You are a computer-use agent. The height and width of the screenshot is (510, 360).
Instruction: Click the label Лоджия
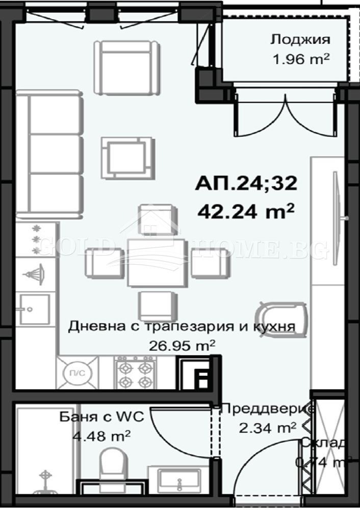(300, 40)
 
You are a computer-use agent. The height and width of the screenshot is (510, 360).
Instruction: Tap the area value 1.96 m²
(301, 59)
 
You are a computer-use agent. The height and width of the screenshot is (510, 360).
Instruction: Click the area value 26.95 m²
(182, 346)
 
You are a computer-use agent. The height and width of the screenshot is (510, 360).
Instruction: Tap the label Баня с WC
(106, 417)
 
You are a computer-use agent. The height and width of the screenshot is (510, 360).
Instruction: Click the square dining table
(156, 262)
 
